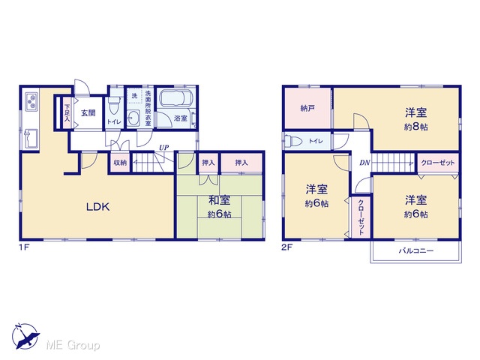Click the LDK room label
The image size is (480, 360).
[x=97, y=207]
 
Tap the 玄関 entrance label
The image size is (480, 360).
[x=88, y=113]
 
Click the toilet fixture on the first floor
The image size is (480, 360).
[x=114, y=106]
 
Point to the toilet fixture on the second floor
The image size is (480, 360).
[x=294, y=141]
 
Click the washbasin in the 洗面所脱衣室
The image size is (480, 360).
[x=133, y=118]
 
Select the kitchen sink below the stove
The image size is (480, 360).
[x=31, y=137]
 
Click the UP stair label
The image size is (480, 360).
[x=163, y=148]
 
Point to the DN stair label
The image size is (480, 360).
[x=364, y=163]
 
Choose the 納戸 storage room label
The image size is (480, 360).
[x=307, y=108]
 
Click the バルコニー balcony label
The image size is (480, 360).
[x=416, y=251]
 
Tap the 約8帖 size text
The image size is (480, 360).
[x=415, y=127]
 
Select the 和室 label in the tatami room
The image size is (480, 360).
[x=219, y=200]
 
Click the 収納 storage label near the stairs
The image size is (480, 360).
[x=120, y=163]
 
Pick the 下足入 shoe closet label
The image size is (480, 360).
[x=67, y=113]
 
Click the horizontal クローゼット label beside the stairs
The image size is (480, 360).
[x=438, y=163]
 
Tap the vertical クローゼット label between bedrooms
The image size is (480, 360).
[x=361, y=217]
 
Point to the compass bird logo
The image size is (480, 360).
[x=25, y=336]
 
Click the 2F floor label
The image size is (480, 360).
[x=286, y=247]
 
